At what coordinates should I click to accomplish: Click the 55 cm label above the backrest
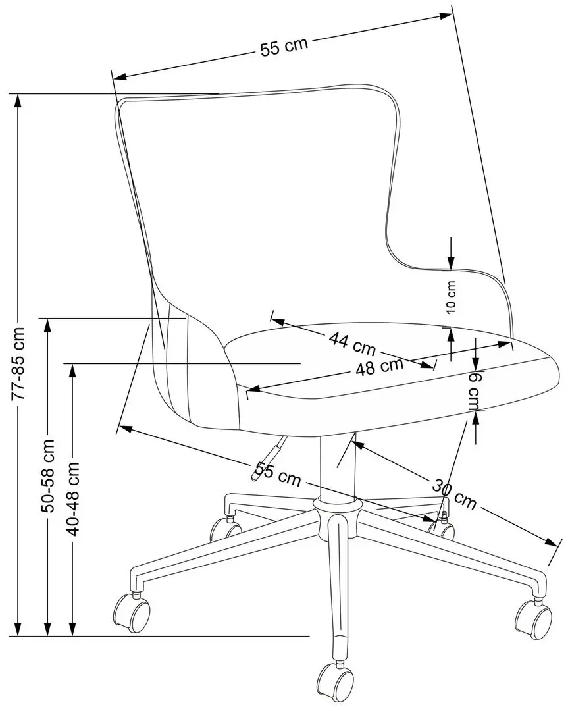pos(284,47)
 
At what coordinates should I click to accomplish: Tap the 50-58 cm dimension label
pos(47,476)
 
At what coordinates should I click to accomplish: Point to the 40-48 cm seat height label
pos(72,499)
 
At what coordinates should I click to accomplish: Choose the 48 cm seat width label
pos(379,366)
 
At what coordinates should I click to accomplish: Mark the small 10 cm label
pos(451,297)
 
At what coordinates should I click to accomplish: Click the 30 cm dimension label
pos(454,494)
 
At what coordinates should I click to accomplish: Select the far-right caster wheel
pos(534,619)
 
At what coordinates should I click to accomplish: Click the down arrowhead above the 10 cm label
pos(451,261)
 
